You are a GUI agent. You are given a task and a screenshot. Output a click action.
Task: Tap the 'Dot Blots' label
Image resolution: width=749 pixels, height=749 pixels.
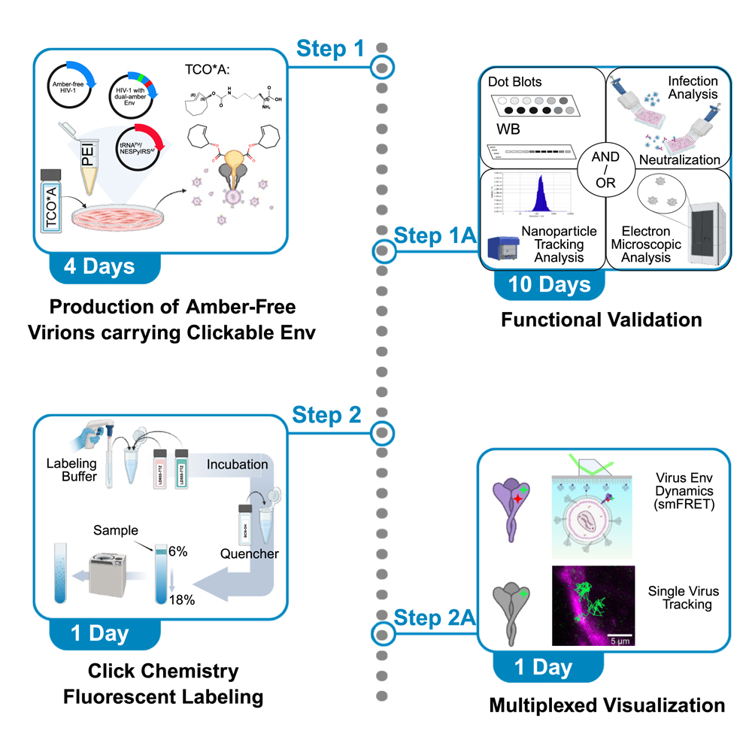[x=514, y=81]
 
